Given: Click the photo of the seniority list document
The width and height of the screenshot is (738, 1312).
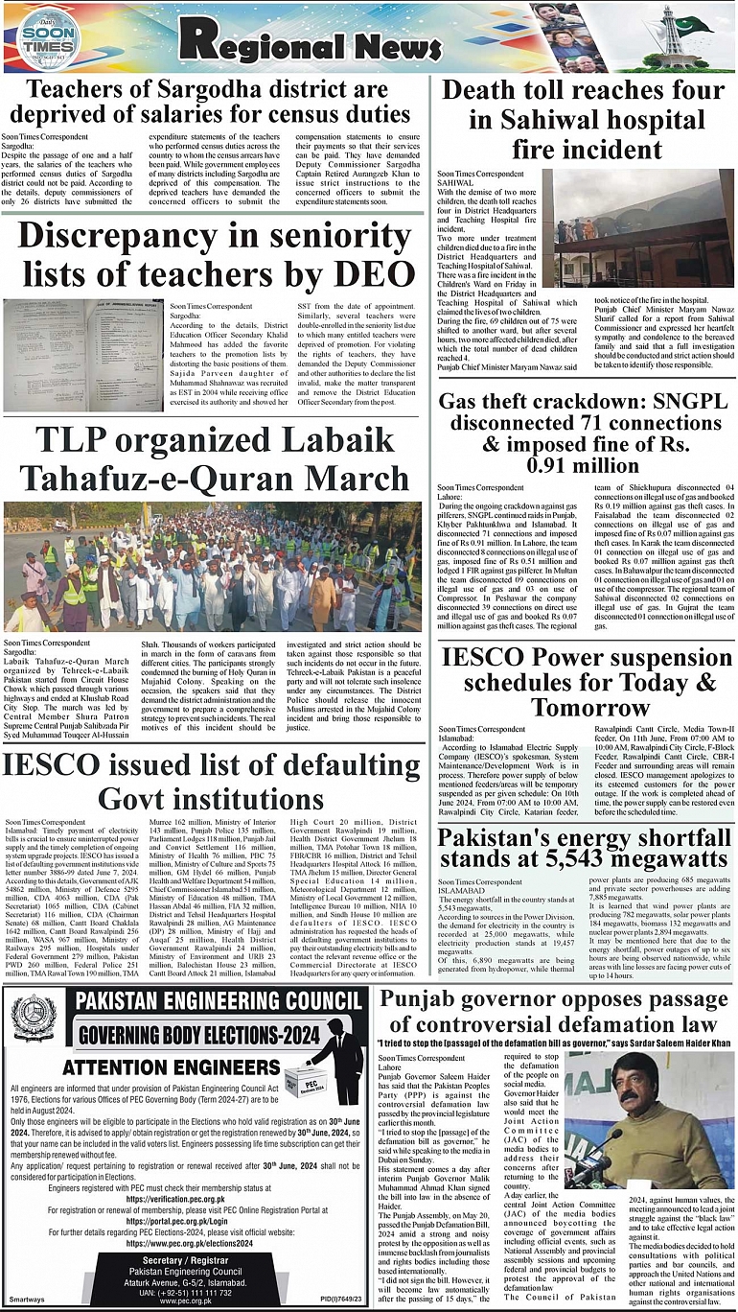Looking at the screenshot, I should [70, 356].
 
